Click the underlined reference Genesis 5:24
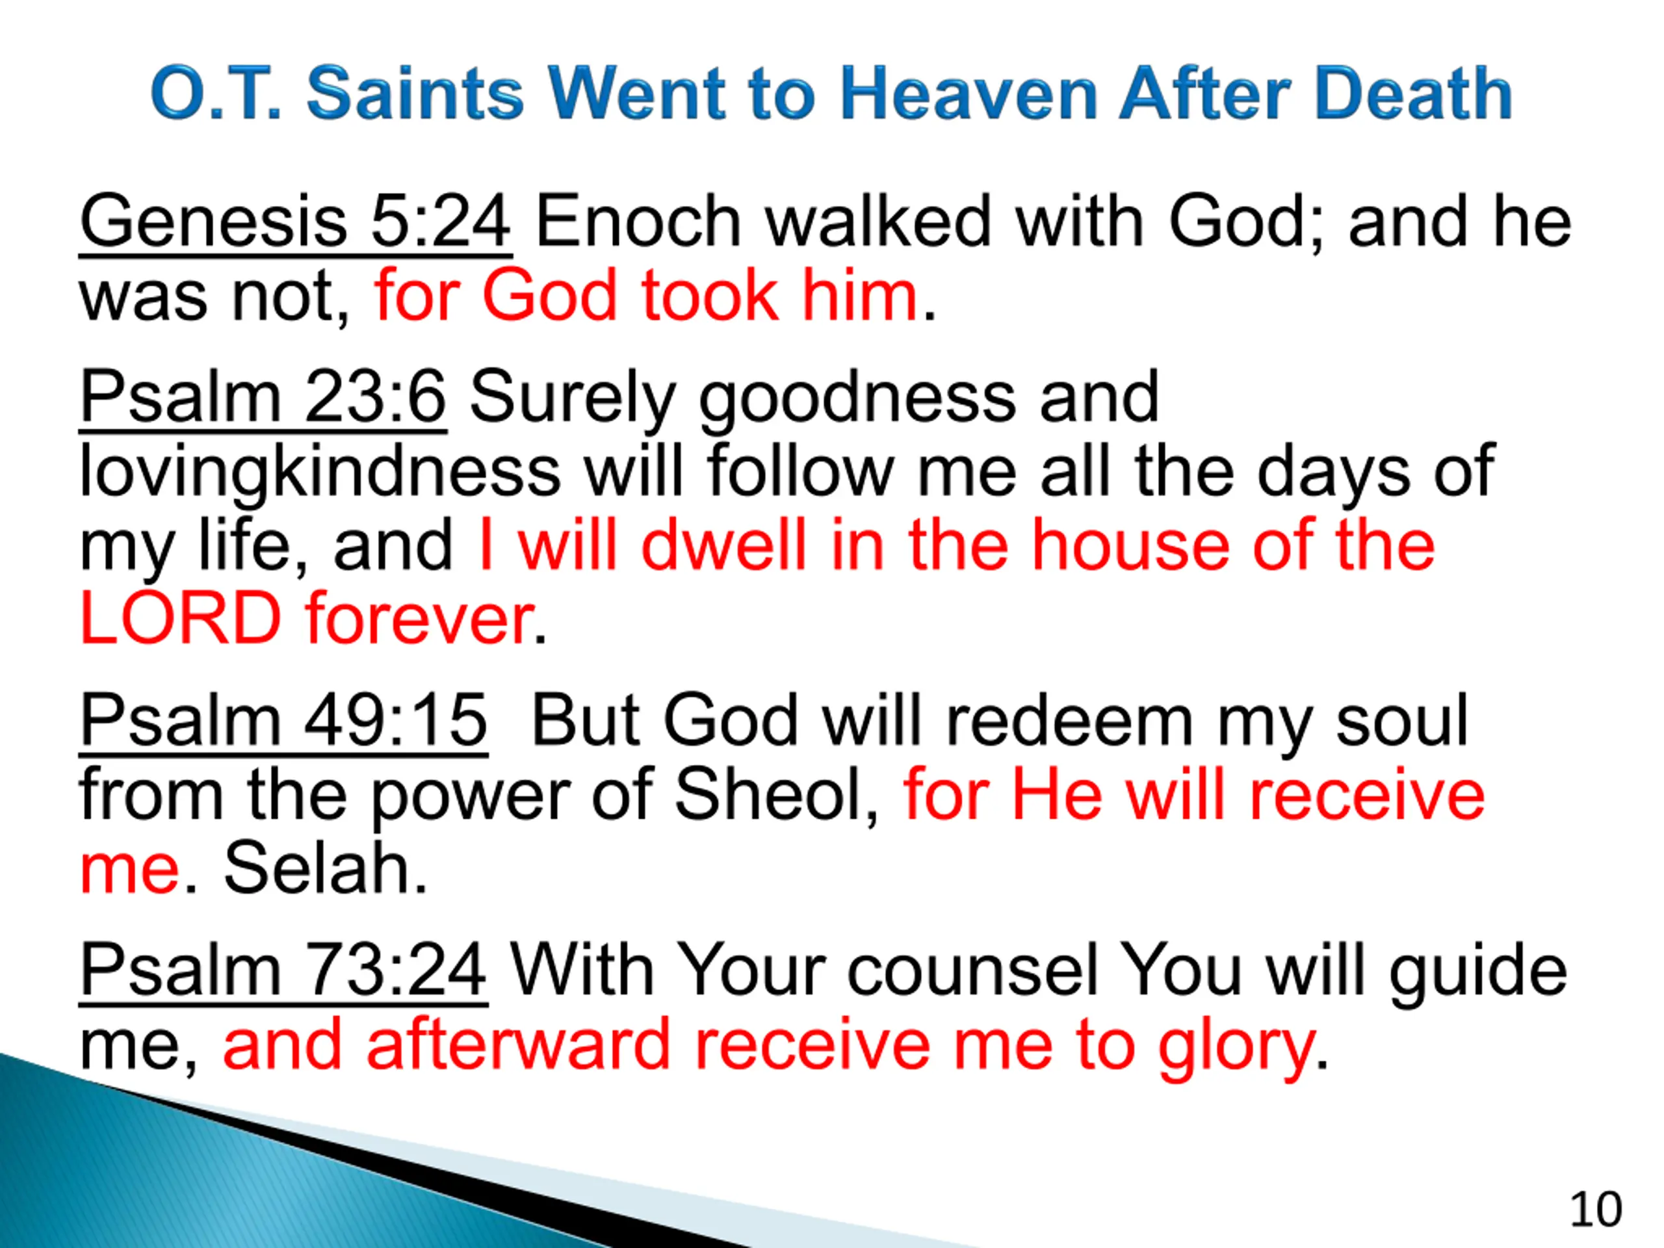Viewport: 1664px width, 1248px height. coord(296,223)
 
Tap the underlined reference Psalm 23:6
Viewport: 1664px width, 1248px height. coord(263,398)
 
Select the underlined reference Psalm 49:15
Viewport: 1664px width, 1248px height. coord(283,721)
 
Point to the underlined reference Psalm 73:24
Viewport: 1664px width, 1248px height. coord(283,971)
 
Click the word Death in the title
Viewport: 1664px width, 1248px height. coord(1414,94)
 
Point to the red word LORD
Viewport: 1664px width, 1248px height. coord(181,618)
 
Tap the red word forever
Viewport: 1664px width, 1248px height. coord(420,618)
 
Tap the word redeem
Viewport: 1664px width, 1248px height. coord(1068,721)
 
